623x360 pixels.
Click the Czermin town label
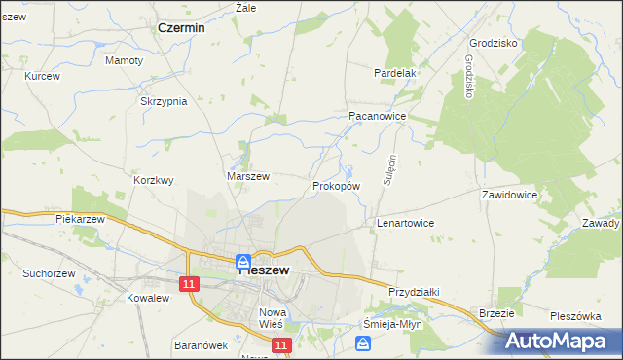[x=181, y=28]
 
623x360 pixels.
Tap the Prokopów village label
[x=337, y=185]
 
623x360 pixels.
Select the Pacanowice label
[x=377, y=115]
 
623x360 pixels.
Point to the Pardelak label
[x=395, y=73]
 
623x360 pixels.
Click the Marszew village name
[x=247, y=176]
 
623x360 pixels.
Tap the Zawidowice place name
[x=509, y=195]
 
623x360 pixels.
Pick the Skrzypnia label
[x=164, y=102]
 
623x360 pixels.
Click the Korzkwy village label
[x=154, y=180]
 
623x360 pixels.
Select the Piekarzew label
[x=80, y=220]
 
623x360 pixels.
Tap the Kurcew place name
[x=43, y=76]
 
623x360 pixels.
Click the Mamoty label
[x=125, y=60]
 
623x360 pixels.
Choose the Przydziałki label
[x=415, y=291]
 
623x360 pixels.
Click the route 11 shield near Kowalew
[x=189, y=282]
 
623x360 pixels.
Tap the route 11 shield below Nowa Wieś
[x=280, y=345]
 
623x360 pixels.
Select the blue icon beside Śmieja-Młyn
[x=363, y=342]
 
